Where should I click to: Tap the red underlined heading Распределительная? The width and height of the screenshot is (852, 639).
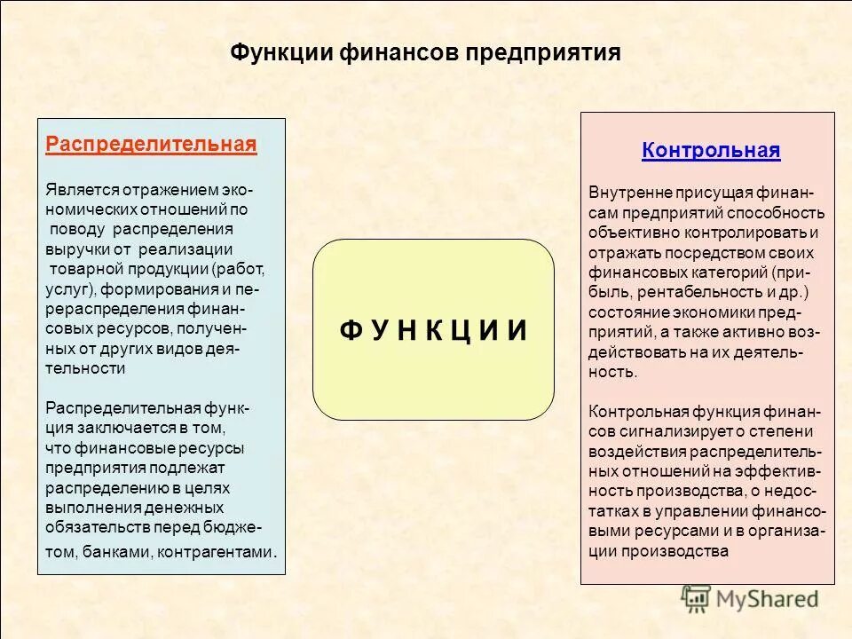(151, 145)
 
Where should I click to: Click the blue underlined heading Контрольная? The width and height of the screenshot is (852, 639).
(711, 150)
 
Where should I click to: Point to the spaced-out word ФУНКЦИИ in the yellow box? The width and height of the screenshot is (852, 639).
(433, 330)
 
